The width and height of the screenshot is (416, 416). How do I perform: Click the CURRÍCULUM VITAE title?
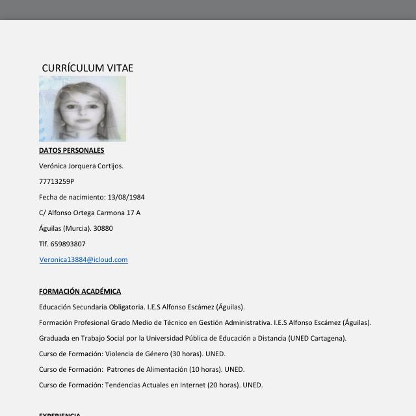coord(87,68)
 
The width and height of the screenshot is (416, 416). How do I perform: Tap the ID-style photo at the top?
coord(83,109)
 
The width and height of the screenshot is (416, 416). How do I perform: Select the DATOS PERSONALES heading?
coord(71,150)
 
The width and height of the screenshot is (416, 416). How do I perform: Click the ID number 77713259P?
coord(57,181)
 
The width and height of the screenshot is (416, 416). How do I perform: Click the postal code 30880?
coord(103,228)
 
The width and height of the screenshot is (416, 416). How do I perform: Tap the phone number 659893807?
coord(68,244)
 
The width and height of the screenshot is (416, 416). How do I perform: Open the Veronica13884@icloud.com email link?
coord(83,259)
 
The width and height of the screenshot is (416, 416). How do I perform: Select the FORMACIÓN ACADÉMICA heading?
coord(80,291)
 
